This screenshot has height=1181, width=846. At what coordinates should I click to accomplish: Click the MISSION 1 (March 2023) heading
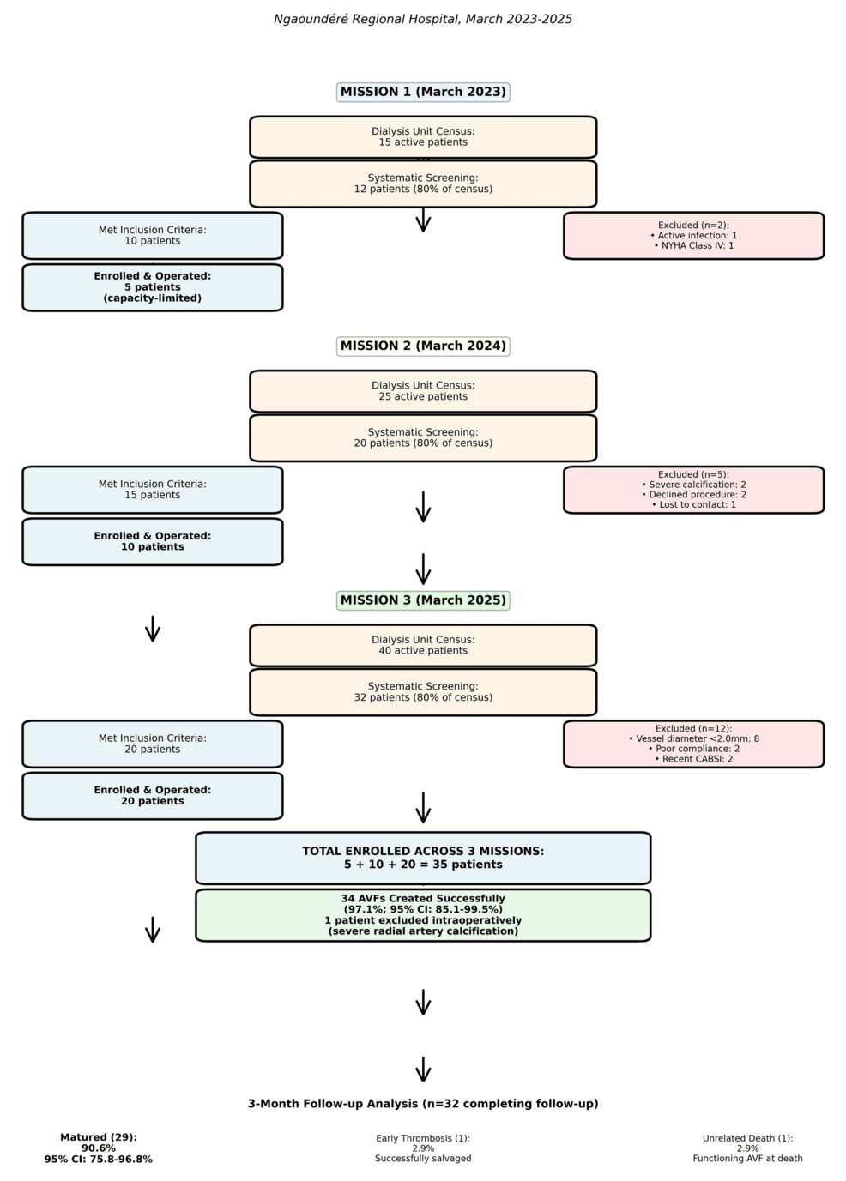(x=423, y=93)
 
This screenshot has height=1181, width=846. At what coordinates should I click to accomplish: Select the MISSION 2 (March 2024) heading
(x=423, y=346)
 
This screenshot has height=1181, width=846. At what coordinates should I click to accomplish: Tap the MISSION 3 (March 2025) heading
(x=423, y=600)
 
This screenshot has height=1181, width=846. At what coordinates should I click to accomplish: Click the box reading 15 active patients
(x=423, y=137)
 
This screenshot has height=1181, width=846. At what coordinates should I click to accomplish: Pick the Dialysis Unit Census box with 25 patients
(x=423, y=391)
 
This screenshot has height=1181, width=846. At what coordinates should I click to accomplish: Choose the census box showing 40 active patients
(x=423, y=645)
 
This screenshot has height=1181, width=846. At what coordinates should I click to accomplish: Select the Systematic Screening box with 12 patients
(x=423, y=184)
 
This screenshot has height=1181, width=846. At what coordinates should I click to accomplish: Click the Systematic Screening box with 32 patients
(x=423, y=692)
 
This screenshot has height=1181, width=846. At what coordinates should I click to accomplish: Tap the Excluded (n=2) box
(x=693, y=236)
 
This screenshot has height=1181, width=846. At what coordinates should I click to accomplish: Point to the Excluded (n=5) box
(x=693, y=490)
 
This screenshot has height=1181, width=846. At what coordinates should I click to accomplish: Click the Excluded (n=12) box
(x=693, y=744)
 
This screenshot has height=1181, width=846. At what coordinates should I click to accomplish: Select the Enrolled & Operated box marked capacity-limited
(x=153, y=287)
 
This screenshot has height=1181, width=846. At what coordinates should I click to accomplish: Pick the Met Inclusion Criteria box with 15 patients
(x=153, y=490)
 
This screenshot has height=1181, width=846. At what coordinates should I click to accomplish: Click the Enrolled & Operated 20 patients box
(x=153, y=796)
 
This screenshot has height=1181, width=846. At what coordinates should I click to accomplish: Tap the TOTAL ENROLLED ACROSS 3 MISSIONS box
(x=423, y=858)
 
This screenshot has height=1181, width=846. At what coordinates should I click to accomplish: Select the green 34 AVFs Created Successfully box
(x=423, y=915)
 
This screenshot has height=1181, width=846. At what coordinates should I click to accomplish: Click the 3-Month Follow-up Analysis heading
(x=423, y=1104)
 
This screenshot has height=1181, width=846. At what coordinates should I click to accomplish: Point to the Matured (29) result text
(x=99, y=1148)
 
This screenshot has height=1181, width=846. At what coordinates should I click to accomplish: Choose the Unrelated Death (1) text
(x=748, y=1148)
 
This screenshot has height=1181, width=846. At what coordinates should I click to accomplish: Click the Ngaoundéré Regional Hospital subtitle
(x=423, y=20)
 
